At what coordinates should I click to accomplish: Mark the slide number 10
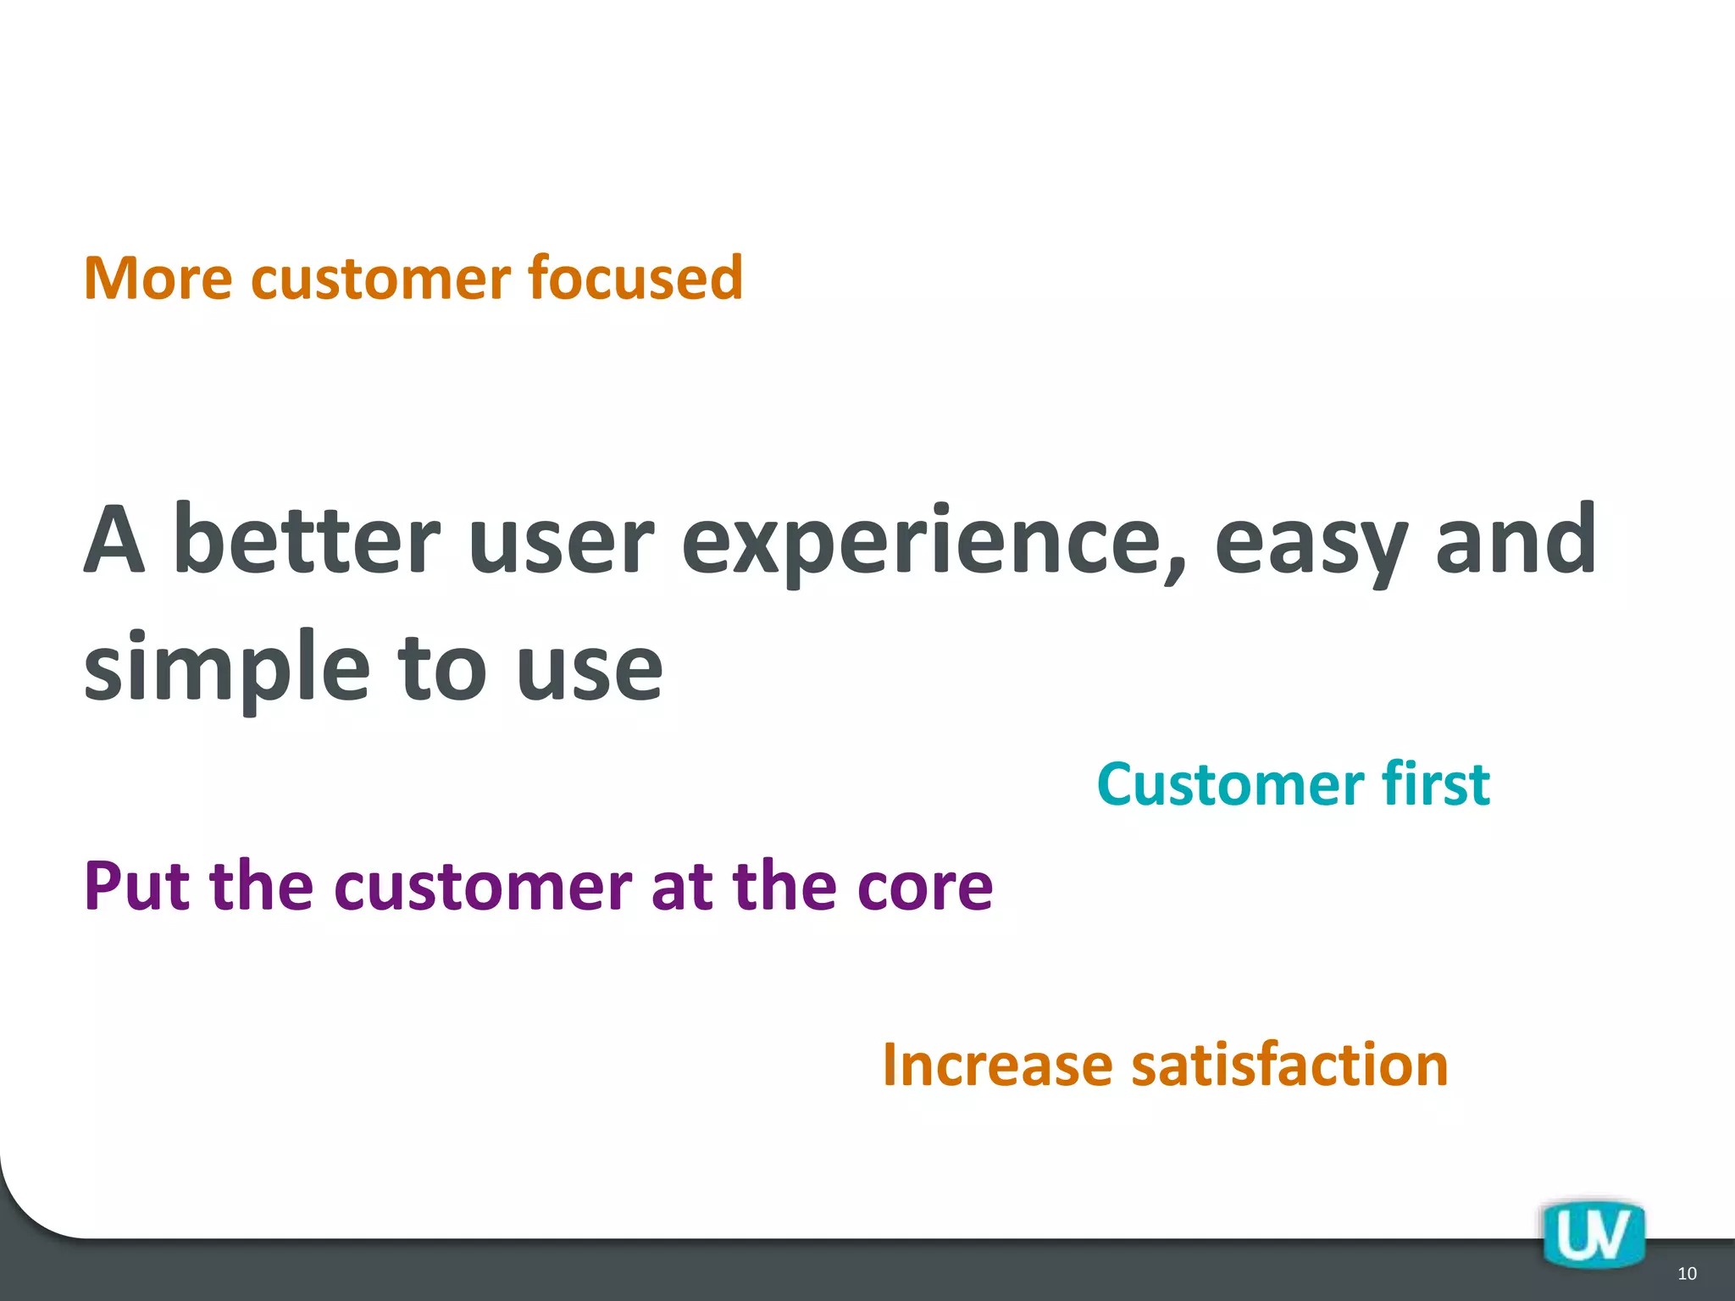1687,1274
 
